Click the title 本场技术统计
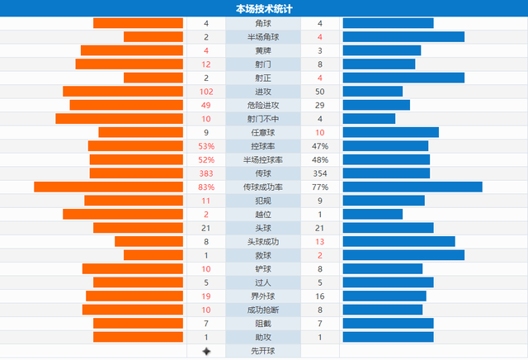(x=263, y=8)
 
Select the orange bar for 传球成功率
(x=108, y=187)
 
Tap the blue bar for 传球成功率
(x=412, y=187)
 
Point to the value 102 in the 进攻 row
(x=206, y=92)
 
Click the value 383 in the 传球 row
(x=206, y=173)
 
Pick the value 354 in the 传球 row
(x=320, y=173)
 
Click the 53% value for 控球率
(x=206, y=146)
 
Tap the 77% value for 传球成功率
(x=320, y=187)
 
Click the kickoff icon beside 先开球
(x=206, y=351)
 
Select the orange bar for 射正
(x=153, y=78)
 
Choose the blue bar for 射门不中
(x=369, y=119)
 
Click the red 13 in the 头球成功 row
(x=320, y=241)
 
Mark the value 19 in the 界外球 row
(x=206, y=296)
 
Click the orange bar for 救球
(x=153, y=255)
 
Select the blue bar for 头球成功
(x=398, y=241)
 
